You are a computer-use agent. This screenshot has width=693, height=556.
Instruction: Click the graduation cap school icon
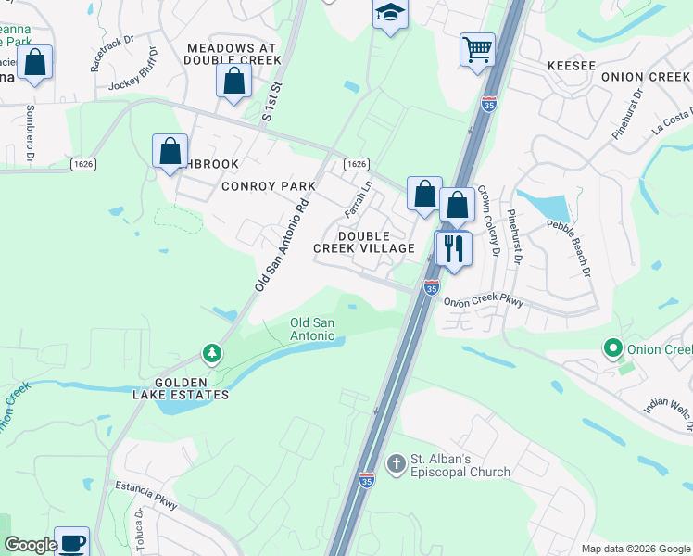(390, 14)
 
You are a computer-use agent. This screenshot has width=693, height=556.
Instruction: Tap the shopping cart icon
(477, 48)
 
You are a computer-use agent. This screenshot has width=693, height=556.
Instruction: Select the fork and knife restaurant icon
(453, 248)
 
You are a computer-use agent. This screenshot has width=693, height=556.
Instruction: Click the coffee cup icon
(71, 542)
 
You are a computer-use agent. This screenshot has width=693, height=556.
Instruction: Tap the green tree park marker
(213, 354)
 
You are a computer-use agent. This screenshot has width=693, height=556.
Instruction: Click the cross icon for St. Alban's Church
(396, 462)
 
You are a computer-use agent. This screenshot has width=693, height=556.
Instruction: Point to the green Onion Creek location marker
(611, 349)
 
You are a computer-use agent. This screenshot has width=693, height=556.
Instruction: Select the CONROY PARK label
(269, 186)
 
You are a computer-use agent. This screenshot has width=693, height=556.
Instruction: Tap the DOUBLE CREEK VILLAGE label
(376, 242)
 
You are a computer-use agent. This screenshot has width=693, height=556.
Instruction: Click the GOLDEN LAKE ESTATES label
(191, 388)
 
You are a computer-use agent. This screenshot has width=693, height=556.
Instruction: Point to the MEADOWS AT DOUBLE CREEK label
(233, 54)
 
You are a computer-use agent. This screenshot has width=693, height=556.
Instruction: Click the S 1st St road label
(270, 103)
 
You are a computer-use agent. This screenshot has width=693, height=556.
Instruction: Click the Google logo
(30, 545)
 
